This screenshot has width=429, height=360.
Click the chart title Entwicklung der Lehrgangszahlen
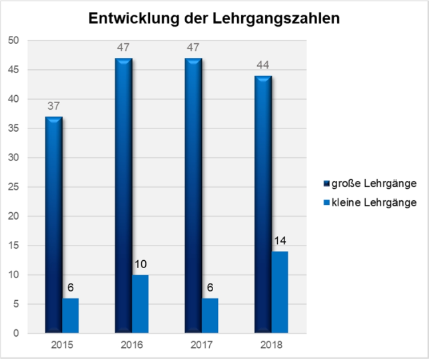tap(214, 18)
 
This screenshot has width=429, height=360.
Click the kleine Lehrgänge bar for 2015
tap(71, 315)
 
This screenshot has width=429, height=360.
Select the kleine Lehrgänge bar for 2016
tap(140, 304)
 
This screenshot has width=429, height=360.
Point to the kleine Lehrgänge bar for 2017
tap(210, 315)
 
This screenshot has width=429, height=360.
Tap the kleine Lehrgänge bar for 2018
tap(279, 292)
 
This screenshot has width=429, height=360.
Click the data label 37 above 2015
tap(54, 106)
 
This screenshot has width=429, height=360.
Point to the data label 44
tap(263, 66)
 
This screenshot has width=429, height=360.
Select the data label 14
tap(280, 240)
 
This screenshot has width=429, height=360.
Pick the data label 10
tap(141, 264)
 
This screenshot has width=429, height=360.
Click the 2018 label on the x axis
tap(272, 345)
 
